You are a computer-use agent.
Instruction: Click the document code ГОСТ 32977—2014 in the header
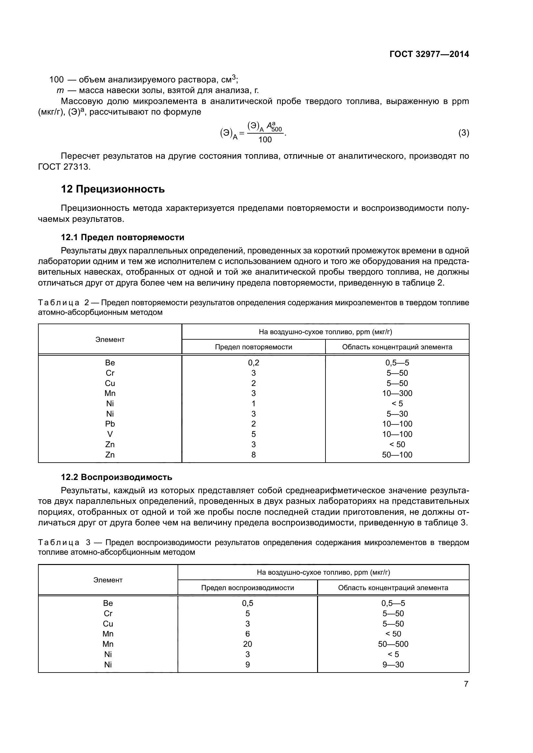pyautogui.click(x=429, y=54)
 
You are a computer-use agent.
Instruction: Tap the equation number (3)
pyautogui.click(x=463, y=133)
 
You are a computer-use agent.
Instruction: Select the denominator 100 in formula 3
pyautogui.click(x=265, y=140)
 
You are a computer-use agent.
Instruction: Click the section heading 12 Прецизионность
pyautogui.click(x=112, y=189)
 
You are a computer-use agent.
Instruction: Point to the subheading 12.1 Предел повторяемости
pyautogui.click(x=122, y=237)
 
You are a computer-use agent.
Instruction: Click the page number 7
pyautogui.click(x=466, y=684)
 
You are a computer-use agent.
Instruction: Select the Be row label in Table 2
pyautogui.click(x=110, y=363)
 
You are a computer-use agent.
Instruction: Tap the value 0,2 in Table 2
pyautogui.click(x=253, y=363)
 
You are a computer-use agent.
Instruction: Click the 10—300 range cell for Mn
pyautogui.click(x=397, y=393)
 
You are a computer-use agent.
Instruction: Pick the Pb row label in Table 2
pyautogui.click(x=110, y=424)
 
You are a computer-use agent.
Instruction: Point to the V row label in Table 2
pyautogui.click(x=110, y=434)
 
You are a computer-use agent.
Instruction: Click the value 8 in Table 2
pyautogui.click(x=253, y=455)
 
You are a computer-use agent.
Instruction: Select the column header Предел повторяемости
pyautogui.click(x=253, y=347)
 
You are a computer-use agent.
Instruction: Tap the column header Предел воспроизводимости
pyautogui.click(x=247, y=588)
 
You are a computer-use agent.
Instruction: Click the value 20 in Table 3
pyautogui.click(x=247, y=644)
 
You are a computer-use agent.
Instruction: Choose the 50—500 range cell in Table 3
pyautogui.click(x=393, y=644)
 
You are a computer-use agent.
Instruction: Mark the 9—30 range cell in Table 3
pyautogui.click(x=393, y=664)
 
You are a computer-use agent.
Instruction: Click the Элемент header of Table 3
pyautogui.click(x=108, y=580)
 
